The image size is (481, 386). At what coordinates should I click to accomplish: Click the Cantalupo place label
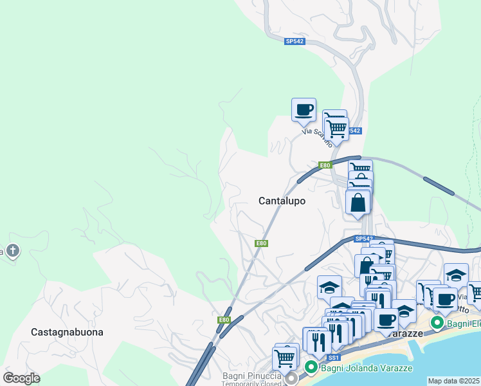click(x=282, y=201)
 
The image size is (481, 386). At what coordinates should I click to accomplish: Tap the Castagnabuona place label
click(x=67, y=332)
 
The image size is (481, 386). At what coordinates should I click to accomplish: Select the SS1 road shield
click(x=333, y=358)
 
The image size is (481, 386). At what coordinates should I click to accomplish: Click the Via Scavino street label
click(x=317, y=134)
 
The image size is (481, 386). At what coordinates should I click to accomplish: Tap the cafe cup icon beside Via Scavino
click(x=304, y=109)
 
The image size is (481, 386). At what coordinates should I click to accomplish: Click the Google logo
click(x=22, y=378)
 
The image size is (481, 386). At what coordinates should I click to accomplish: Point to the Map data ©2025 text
click(x=453, y=381)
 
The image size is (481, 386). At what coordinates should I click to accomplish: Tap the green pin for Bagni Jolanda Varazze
click(x=311, y=367)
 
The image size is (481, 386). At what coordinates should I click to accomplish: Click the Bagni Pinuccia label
click(x=252, y=376)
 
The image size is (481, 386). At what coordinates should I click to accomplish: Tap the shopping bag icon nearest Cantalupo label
click(x=358, y=202)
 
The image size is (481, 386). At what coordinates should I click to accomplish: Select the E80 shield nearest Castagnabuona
click(x=223, y=320)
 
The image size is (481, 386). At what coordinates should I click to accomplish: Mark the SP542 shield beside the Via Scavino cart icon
click(x=354, y=131)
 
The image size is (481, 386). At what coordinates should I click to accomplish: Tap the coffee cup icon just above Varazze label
click(x=386, y=320)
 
